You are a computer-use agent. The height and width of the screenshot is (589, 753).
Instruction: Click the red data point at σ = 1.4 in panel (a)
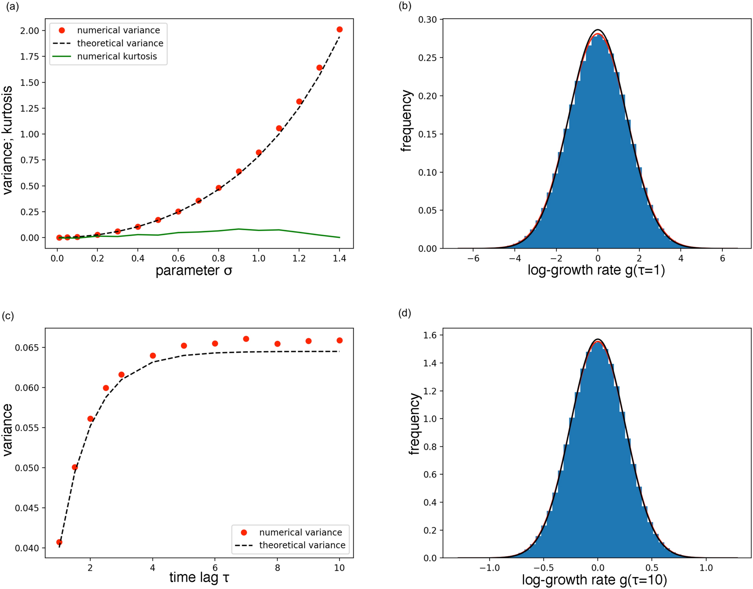(x=339, y=29)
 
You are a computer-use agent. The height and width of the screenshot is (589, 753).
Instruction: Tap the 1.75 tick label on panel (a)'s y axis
(x=30, y=57)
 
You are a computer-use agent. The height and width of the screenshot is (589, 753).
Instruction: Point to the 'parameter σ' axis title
(x=194, y=271)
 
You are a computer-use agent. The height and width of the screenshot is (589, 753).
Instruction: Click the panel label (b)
(x=405, y=6)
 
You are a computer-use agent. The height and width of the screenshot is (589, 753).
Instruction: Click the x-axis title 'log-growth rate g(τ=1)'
(x=596, y=270)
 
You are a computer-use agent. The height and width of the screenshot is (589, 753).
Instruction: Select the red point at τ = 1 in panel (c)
(x=60, y=542)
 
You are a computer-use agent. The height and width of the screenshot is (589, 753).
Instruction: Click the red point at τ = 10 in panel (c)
(x=339, y=340)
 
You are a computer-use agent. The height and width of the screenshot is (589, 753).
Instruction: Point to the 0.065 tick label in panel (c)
(x=27, y=348)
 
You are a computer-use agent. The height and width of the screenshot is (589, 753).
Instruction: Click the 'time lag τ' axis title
(x=199, y=578)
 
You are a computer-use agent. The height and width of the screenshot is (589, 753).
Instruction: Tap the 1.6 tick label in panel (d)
(x=431, y=335)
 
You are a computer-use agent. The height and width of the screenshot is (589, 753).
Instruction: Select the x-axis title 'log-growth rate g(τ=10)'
(x=594, y=580)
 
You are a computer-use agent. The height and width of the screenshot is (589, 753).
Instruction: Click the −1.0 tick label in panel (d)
(x=490, y=568)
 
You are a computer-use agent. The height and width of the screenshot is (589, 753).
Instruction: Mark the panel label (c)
(x=8, y=316)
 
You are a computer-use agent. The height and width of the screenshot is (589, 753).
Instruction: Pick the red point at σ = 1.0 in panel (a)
(x=259, y=152)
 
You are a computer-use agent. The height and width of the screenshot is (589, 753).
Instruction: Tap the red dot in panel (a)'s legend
(x=62, y=30)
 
